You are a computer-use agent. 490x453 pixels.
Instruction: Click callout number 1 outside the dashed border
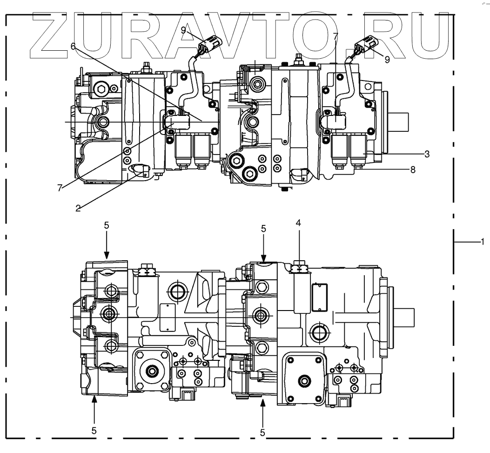coord(483,241)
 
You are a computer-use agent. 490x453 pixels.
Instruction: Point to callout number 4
coord(298,223)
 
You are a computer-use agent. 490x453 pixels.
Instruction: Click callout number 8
coord(412,170)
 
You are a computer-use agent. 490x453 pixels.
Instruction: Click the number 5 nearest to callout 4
coord(263,229)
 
